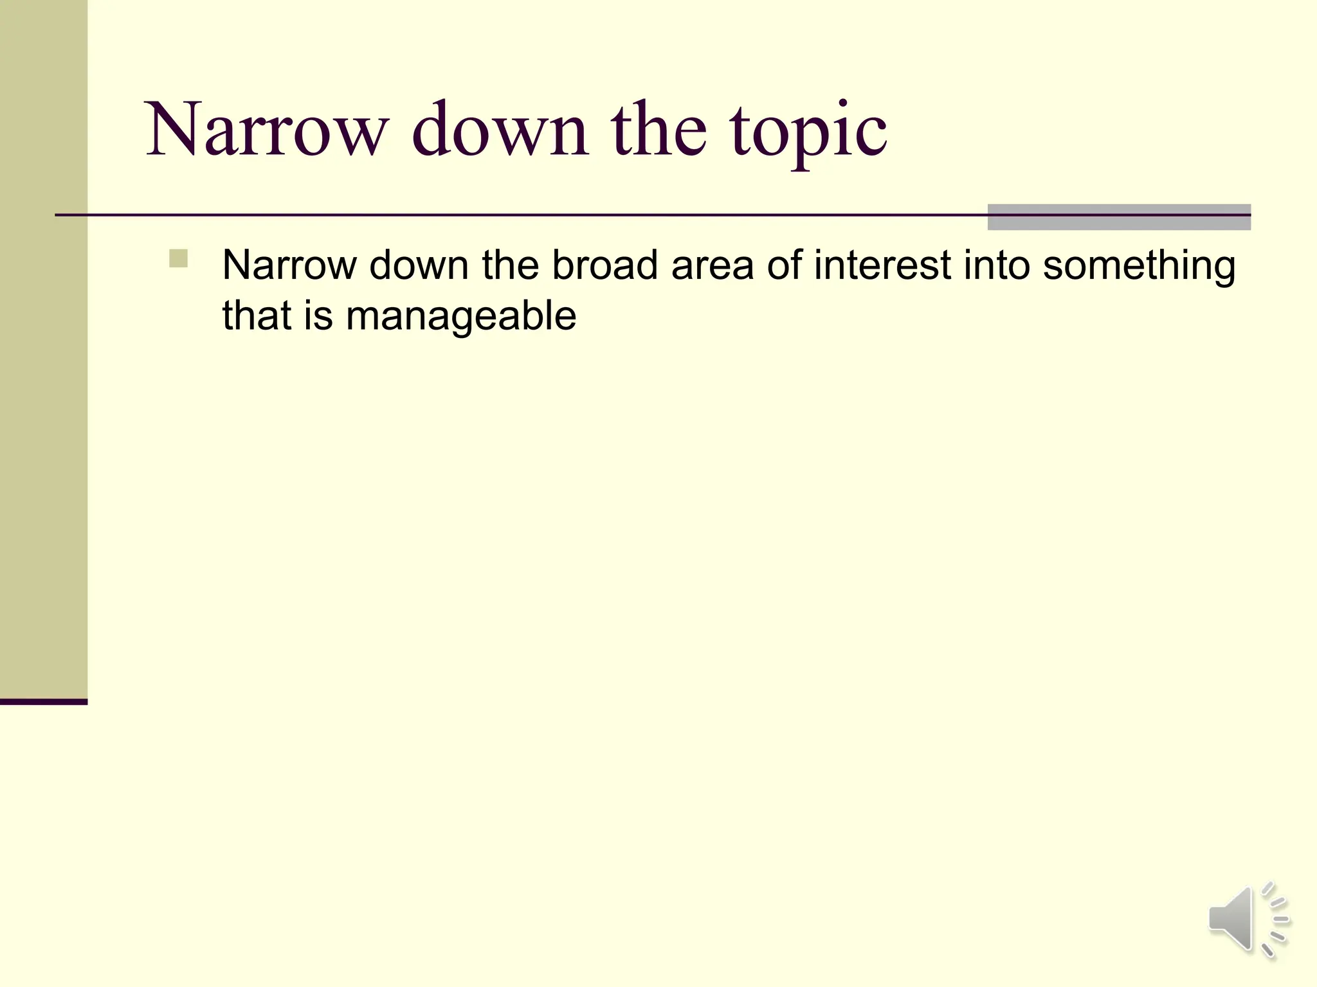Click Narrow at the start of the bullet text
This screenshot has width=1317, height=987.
[x=289, y=265]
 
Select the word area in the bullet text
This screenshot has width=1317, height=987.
[x=712, y=265]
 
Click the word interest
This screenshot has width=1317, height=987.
[x=882, y=265]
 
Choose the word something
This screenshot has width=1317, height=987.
[x=1139, y=265]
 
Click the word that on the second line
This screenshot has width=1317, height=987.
[x=257, y=316]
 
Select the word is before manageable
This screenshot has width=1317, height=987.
[x=318, y=316]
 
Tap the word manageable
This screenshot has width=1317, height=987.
[x=460, y=316]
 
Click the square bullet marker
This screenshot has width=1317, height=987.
[x=178, y=258]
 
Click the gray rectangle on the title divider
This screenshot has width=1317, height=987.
[x=1119, y=217]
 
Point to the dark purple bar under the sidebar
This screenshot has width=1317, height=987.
[x=44, y=702]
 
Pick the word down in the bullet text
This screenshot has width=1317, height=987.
[x=419, y=265]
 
